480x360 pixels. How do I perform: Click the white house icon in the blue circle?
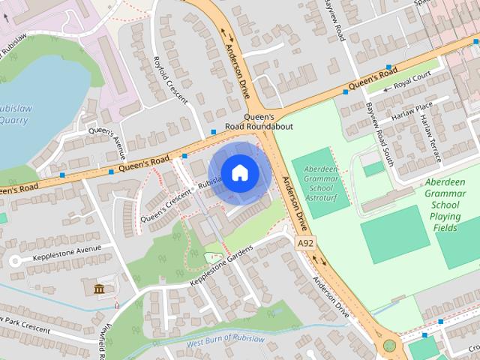(x=238, y=173)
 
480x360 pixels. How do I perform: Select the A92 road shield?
(x=305, y=244)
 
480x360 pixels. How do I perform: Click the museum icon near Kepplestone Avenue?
(x=99, y=288)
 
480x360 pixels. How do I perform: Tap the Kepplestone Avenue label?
(x=67, y=250)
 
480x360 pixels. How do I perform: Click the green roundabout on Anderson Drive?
(x=389, y=346)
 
